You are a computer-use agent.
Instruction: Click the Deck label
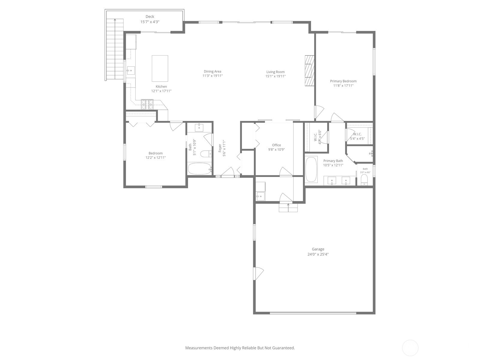[150, 17]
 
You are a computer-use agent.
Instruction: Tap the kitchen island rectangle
[160, 68]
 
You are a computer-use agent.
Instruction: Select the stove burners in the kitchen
[147, 104]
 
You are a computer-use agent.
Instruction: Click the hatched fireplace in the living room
[309, 71]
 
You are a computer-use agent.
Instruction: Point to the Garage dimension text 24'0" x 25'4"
[318, 254]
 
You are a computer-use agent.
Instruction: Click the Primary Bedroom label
[343, 81]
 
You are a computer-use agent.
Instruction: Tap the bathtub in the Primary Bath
[311, 169]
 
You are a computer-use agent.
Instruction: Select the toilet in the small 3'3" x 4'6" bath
[364, 180]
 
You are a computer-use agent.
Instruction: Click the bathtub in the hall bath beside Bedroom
[199, 169]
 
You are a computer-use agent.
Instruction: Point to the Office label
[276, 145]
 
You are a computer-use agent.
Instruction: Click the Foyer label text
[220, 148]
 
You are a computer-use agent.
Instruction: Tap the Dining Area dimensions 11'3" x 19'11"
[212, 76]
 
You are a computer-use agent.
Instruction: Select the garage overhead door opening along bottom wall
[313, 313]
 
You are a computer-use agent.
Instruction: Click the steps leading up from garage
[288, 208]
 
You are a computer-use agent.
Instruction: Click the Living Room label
[275, 72]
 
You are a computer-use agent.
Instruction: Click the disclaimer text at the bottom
[240, 348]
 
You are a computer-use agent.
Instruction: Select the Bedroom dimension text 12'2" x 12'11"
[155, 157]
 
